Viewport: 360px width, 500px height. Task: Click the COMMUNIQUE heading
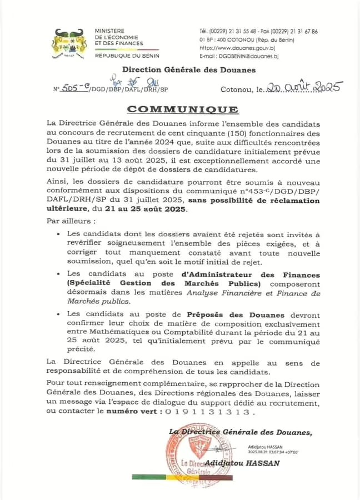coord(182,109)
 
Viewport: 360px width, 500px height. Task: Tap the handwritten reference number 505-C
coord(75,88)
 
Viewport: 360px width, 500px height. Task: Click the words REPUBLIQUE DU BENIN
coord(127,56)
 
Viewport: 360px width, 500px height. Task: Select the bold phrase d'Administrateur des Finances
coord(251,275)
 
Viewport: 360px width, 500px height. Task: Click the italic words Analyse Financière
coord(214,293)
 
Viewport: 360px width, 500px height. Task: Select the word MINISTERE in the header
coord(110,31)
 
